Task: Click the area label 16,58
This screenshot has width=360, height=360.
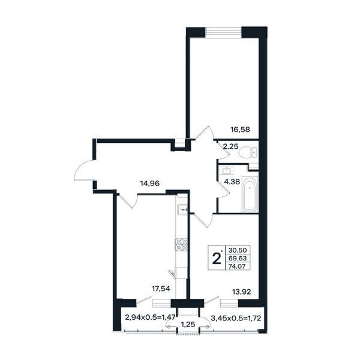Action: pyautogui.click(x=240, y=130)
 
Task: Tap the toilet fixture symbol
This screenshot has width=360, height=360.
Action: pyautogui.click(x=248, y=152)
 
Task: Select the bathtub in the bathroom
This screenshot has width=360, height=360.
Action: pyautogui.click(x=250, y=194)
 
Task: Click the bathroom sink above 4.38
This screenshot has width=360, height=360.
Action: pyautogui.click(x=226, y=170)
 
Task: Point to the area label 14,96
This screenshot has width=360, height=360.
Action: pyautogui.click(x=149, y=184)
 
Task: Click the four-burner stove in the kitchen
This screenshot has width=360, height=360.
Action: pyautogui.click(x=181, y=245)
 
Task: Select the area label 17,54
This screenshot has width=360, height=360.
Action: pyautogui.click(x=161, y=289)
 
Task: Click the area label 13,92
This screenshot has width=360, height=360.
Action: pyautogui.click(x=241, y=292)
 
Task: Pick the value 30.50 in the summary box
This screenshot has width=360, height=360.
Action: pyautogui.click(x=238, y=250)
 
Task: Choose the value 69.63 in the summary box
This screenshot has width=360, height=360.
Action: pyautogui.click(x=238, y=258)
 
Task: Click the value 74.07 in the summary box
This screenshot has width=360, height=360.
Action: pyautogui.click(x=238, y=266)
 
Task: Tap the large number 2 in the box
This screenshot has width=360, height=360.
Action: pyautogui.click(x=216, y=258)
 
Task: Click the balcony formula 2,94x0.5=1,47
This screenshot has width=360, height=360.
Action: pyautogui.click(x=150, y=317)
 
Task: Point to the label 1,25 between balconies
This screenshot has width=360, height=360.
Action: pyautogui.click(x=188, y=325)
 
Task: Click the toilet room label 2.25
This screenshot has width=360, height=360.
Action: pyautogui.click(x=231, y=146)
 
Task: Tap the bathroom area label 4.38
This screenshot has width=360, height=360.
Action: pyautogui.click(x=232, y=182)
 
